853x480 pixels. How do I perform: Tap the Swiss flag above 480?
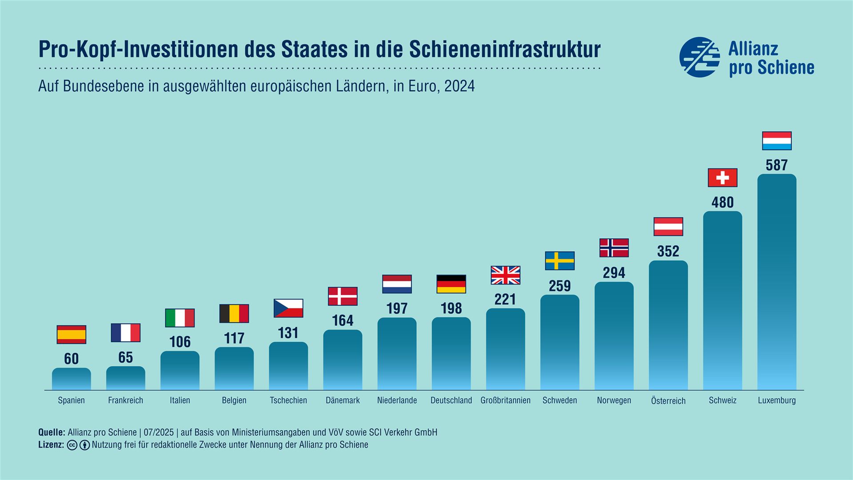[722, 178]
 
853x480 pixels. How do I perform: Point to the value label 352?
[668, 251]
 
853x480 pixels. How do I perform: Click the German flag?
[451, 284]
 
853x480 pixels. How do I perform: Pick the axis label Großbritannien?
[505, 400]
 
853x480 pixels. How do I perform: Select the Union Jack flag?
[505, 275]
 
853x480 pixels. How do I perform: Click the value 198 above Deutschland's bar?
[451, 308]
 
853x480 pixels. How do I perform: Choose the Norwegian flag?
[614, 248]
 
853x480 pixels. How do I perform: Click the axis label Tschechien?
[288, 400]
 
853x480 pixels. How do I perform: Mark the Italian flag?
[180, 318]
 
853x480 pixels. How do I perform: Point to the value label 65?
[126, 357]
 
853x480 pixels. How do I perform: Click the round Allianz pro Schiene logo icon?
[700, 57]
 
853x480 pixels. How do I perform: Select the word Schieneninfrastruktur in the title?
[505, 49]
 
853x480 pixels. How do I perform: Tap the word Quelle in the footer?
[52, 432]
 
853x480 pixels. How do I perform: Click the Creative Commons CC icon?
[72, 445]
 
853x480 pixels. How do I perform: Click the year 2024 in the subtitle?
[459, 86]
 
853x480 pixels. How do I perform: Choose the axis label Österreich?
[668, 401]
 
